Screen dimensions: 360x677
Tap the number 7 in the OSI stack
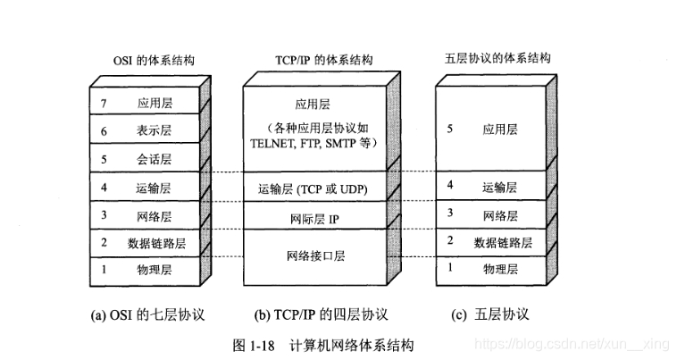pyautogui.click(x=104, y=104)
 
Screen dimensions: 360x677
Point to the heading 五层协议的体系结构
pyautogui.click(x=497, y=59)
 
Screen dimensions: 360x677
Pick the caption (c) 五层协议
pyautogui.click(x=491, y=314)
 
